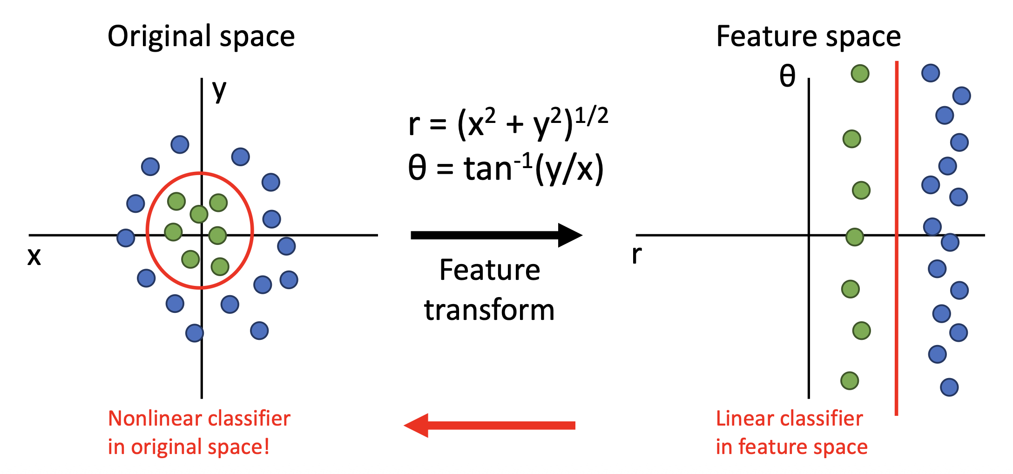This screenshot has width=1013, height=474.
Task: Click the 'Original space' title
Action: [x=201, y=36]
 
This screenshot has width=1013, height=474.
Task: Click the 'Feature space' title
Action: [x=808, y=36]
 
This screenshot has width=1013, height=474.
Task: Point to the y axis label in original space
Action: [x=219, y=90]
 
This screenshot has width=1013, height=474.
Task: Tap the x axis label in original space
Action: [x=34, y=257]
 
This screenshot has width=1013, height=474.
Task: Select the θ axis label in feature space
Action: [x=787, y=76]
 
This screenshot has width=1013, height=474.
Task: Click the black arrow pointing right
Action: [x=496, y=235]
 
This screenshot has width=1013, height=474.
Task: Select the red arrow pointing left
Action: [x=489, y=425]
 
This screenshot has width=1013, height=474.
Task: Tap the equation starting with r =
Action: [x=508, y=123]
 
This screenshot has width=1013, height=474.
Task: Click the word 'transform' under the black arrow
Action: [x=489, y=310]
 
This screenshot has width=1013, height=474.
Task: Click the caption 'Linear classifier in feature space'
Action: [x=791, y=433]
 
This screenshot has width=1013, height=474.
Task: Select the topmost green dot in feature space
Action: [x=860, y=74]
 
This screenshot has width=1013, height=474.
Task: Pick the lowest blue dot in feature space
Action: [x=949, y=387]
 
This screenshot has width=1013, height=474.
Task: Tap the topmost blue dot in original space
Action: [x=180, y=145]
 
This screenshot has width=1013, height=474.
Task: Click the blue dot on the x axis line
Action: [x=126, y=237]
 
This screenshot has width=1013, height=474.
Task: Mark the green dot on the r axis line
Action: [x=855, y=237]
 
